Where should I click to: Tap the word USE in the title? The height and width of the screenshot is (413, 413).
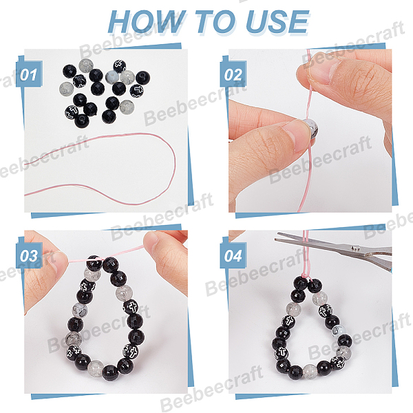[277, 22]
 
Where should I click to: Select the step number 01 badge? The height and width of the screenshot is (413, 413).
[29, 74]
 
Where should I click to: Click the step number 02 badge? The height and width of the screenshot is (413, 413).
[233, 74]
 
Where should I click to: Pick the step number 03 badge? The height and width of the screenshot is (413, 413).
[29, 255]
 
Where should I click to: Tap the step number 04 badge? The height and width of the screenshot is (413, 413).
[233, 255]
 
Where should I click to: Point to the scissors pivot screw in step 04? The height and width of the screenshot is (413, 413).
[356, 248]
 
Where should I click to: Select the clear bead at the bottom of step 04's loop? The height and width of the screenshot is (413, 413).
[310, 371]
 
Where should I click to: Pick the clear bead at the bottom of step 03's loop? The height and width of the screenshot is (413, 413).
[96, 368]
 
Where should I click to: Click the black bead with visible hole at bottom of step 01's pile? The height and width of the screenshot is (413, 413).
[82, 120]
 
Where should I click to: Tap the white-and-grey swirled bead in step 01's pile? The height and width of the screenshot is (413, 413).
[112, 77]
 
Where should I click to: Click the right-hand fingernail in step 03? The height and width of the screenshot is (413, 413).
[151, 240]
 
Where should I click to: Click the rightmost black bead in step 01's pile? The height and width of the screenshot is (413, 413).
[142, 78]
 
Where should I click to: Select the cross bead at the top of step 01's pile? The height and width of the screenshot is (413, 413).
[120, 66]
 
